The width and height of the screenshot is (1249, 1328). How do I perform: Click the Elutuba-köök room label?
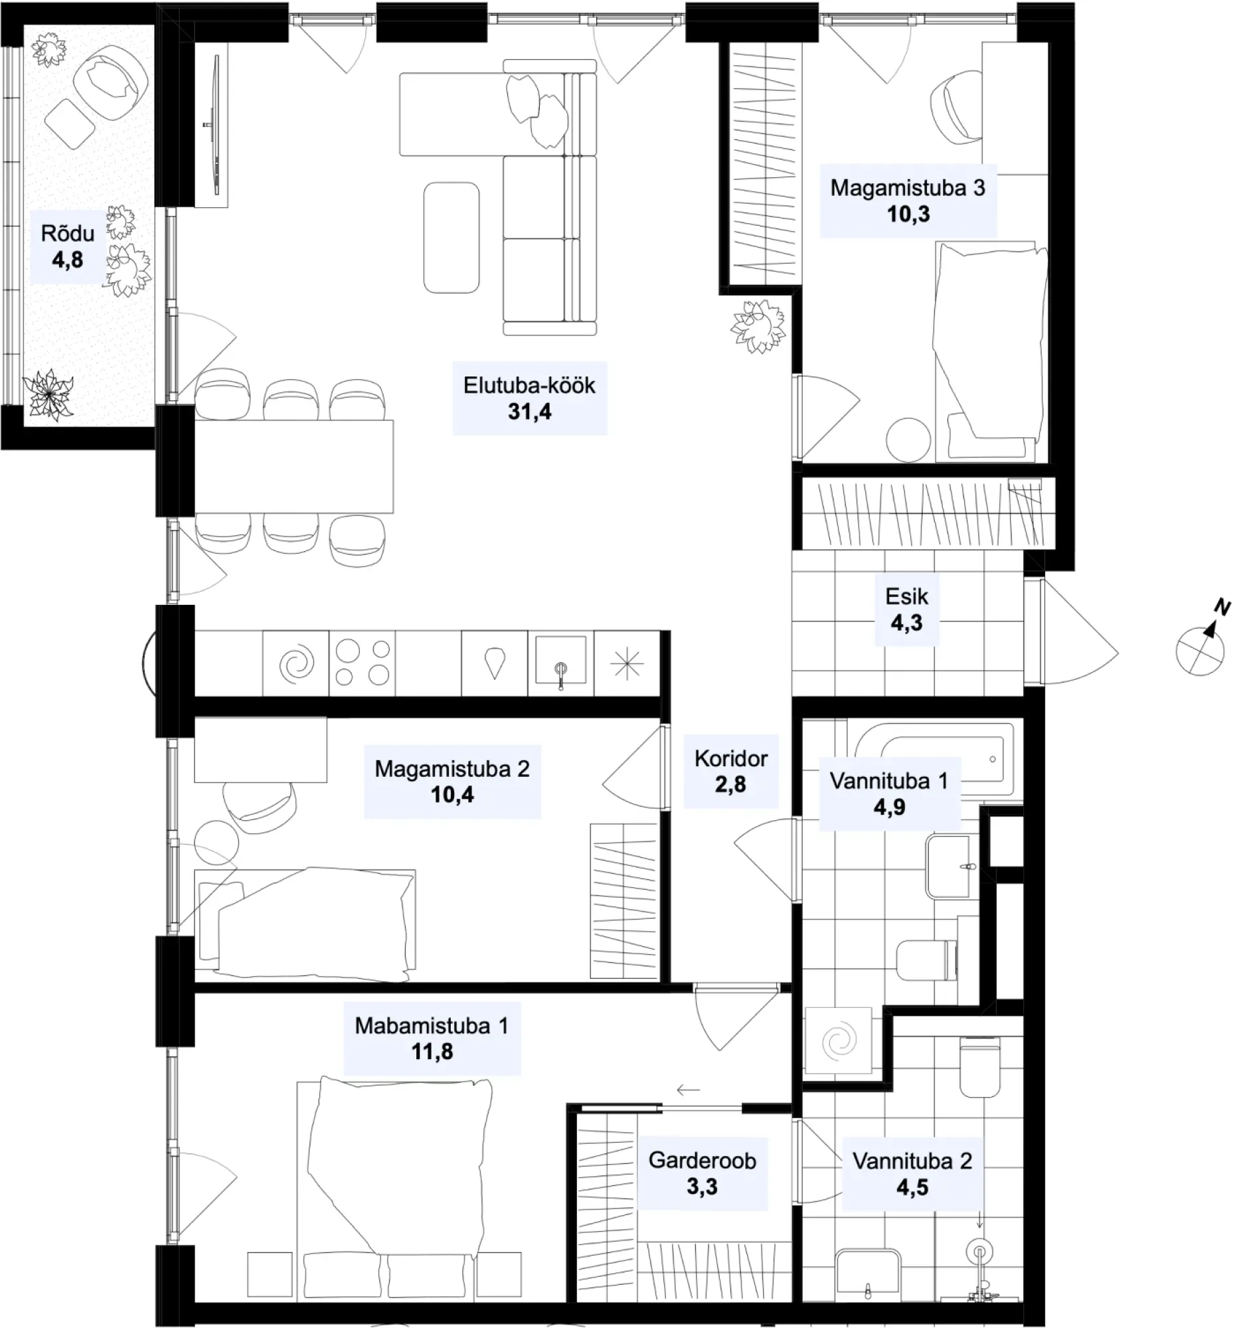(x=529, y=385)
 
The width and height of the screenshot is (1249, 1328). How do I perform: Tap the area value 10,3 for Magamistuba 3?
(x=908, y=214)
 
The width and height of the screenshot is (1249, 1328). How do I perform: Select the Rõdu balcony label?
(x=68, y=233)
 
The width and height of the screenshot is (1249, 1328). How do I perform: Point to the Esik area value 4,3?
(x=906, y=623)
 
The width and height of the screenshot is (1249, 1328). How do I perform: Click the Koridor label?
(x=730, y=758)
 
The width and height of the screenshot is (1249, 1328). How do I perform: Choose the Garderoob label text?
(x=702, y=1160)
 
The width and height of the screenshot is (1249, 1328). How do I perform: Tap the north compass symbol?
(x=1203, y=643)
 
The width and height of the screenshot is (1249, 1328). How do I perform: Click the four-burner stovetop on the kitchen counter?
(x=362, y=663)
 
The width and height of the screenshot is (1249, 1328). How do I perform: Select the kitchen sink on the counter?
(x=560, y=663)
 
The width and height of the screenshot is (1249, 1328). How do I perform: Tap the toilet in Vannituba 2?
(x=979, y=1067)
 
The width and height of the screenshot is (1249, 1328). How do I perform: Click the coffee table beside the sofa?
(x=452, y=238)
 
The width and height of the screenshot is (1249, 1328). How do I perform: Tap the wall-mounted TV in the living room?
(x=216, y=125)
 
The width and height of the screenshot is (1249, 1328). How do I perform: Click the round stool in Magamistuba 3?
(x=908, y=440)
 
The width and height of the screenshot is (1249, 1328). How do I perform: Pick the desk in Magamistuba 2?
(x=260, y=750)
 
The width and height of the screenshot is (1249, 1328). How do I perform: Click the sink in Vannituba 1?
(x=948, y=866)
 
